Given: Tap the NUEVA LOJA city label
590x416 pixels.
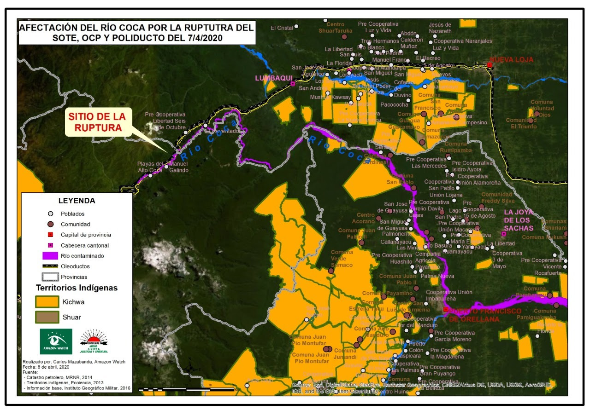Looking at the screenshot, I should pos(511,60).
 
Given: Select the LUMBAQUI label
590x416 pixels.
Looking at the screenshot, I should pos(271,78).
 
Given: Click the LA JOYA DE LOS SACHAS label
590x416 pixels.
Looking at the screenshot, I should pos(519,220).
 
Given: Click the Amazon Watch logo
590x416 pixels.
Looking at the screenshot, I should pos(56,341).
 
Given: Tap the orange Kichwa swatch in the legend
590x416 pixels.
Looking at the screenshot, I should pos(47,302).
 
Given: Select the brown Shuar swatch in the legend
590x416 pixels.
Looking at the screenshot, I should pos(47,317).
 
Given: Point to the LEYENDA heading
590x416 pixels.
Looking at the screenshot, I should pos(77,201).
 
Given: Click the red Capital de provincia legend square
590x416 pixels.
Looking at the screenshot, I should pos(51,235).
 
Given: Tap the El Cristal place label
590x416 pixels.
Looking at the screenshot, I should pos(282,28).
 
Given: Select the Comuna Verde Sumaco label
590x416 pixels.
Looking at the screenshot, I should pos(342,259).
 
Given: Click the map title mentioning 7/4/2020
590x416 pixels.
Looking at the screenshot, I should pos(136,33).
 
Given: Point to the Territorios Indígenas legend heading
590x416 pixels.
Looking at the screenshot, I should pos(77,288).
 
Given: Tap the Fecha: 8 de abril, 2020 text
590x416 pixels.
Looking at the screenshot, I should pos(46,367).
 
